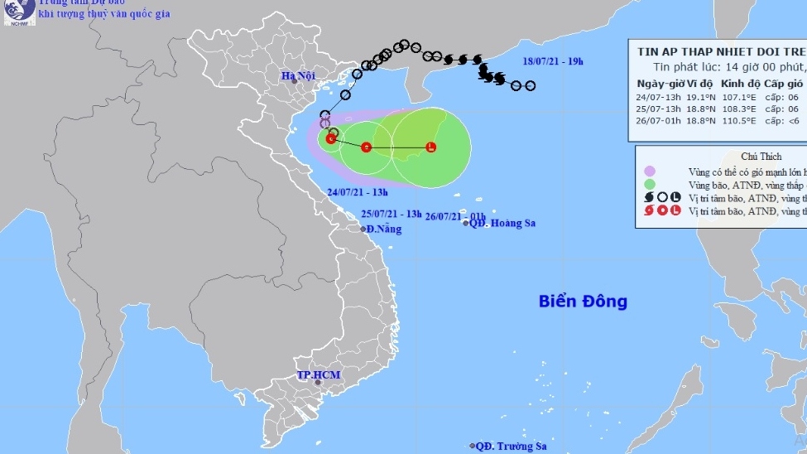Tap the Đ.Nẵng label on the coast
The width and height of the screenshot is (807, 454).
coord(383,229)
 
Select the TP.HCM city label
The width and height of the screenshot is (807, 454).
coord(319,375)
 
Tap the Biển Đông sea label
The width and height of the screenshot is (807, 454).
coord(583,301)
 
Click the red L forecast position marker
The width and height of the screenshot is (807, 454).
coord(430,147)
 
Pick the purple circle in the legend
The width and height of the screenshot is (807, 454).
coord(650,171)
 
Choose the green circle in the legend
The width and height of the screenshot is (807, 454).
coord(650,184)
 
